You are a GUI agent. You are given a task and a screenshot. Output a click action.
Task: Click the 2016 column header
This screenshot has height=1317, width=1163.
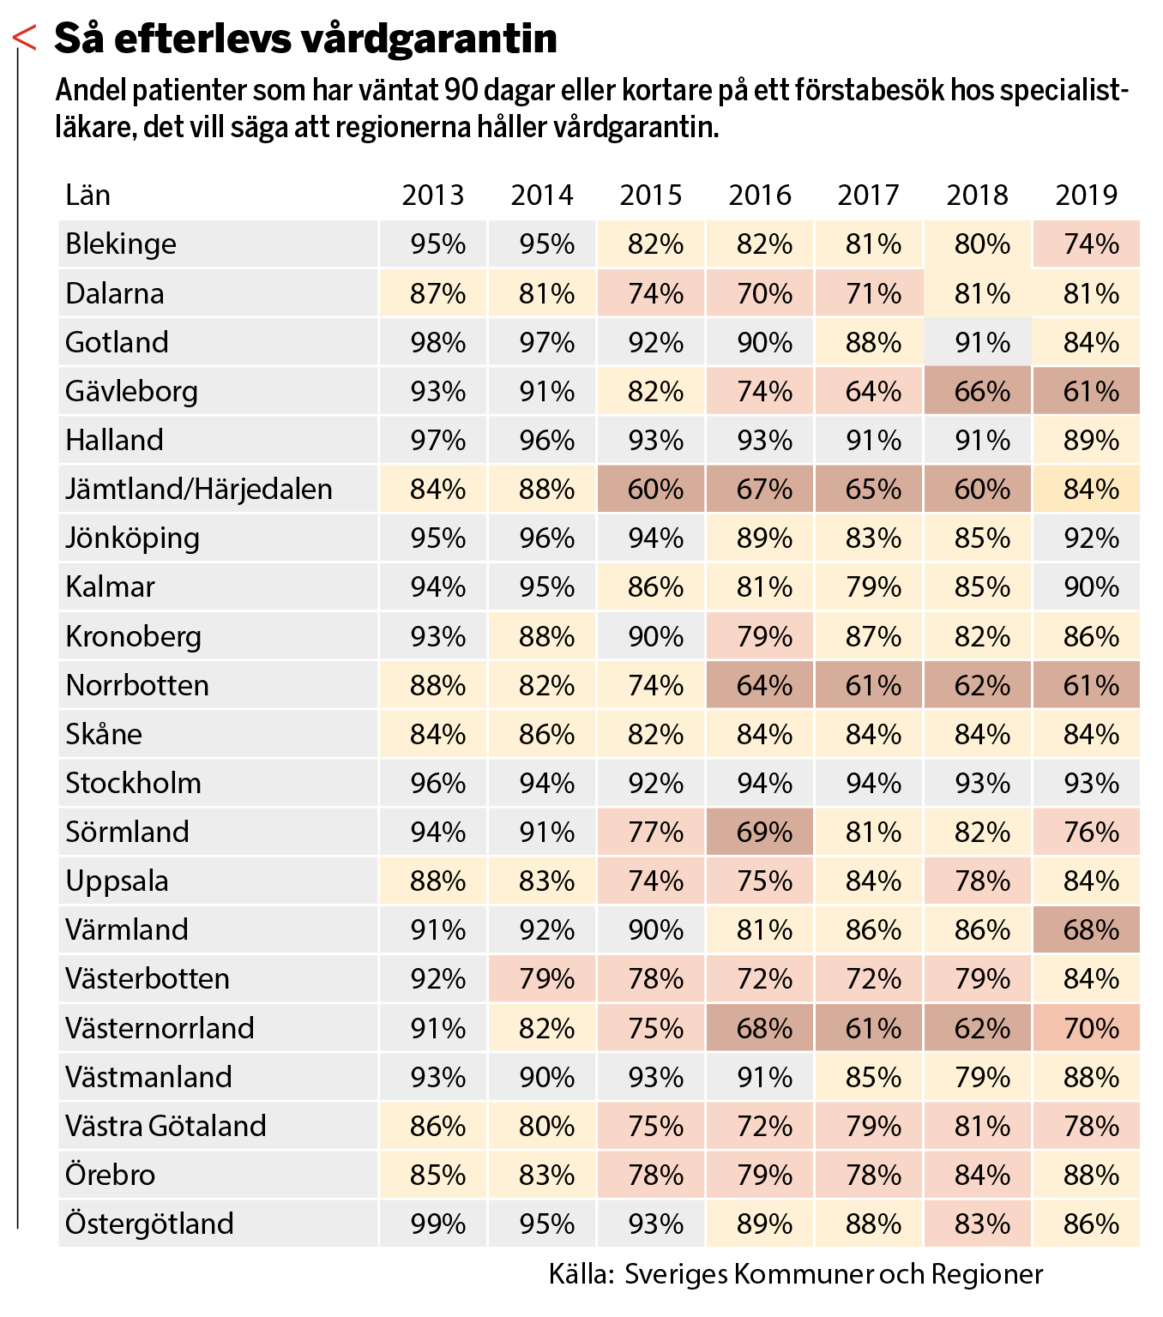(760, 195)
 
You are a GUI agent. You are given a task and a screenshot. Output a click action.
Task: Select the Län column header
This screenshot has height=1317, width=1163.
(87, 195)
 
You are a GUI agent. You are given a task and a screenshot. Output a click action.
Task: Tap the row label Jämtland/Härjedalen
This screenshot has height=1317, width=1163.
(198, 489)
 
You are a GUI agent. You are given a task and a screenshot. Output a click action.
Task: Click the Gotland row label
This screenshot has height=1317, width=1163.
(117, 342)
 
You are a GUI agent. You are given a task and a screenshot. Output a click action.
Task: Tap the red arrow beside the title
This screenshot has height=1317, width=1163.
(24, 38)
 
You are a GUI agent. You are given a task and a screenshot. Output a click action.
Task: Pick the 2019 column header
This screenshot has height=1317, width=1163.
(1087, 195)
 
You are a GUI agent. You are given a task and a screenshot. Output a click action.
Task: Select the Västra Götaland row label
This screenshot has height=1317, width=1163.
(166, 1126)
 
